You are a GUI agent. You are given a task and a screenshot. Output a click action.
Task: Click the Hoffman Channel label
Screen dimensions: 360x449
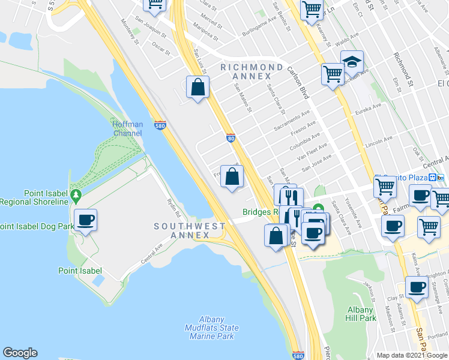click(127, 128)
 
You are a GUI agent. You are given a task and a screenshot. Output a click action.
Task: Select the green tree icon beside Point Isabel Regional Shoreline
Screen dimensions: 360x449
click(76, 195)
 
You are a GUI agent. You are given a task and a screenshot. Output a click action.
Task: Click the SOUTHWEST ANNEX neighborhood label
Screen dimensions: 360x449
click(189, 230)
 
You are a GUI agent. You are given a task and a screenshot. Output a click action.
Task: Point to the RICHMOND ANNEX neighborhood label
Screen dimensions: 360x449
click(252, 71)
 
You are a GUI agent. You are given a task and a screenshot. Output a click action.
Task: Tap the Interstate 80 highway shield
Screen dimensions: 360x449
click(231, 138)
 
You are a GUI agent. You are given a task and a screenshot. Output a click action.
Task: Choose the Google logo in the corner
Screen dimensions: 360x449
click(20, 353)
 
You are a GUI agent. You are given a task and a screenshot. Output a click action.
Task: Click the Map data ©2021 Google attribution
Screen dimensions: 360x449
click(411, 355)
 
